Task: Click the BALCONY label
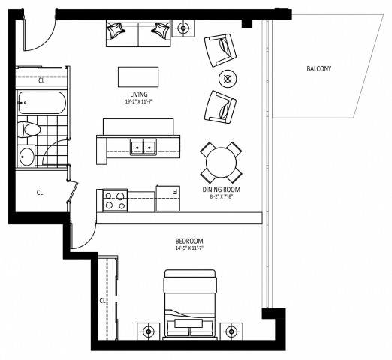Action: tap(319, 69)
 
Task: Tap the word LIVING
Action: tap(137, 93)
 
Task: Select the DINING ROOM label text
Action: tap(222, 190)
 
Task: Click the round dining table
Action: tap(221, 160)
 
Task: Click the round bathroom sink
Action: tap(27, 156)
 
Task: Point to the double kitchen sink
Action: tap(143, 147)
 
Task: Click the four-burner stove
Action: tap(113, 200)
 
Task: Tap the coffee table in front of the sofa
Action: tap(138, 76)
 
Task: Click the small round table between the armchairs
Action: tap(225, 77)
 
